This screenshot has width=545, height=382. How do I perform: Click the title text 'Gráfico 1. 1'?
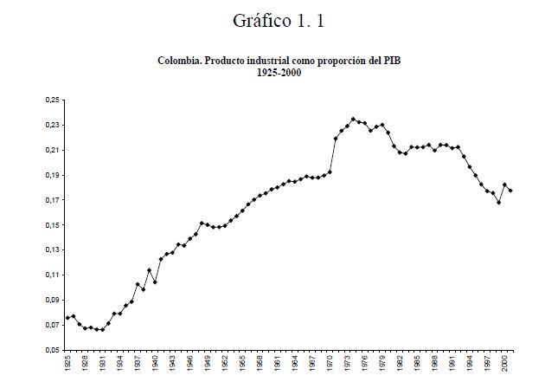(x=279, y=20)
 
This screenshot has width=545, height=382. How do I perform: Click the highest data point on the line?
(x=353, y=120)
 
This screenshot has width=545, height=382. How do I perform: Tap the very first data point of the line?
(x=67, y=318)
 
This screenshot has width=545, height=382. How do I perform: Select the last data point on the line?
(x=510, y=191)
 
